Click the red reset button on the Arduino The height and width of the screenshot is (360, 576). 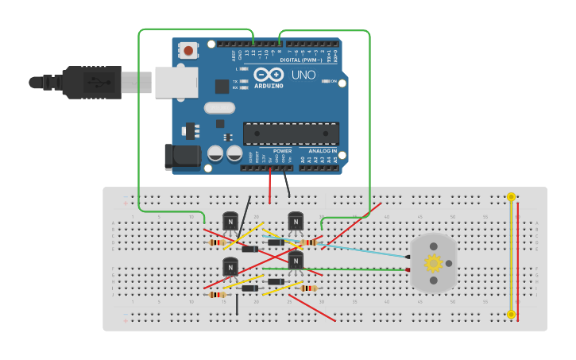point(188,51)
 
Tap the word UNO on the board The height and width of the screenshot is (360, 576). point(303,75)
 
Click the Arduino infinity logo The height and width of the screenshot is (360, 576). point(268,75)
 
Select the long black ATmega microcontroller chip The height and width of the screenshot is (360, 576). point(291,134)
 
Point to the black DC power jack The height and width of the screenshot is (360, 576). point(180,157)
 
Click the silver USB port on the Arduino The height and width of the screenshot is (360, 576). point(176,82)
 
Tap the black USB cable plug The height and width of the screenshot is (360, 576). point(91,82)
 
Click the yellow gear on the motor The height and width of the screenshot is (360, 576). point(433,263)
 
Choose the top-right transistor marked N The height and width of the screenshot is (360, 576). point(296,222)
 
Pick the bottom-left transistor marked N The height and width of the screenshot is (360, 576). point(230,268)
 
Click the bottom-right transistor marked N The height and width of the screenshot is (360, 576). point(296,261)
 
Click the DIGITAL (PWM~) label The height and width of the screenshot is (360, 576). point(301,60)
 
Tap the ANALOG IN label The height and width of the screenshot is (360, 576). point(323,150)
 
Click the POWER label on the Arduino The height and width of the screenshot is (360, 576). point(282,150)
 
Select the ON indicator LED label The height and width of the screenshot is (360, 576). point(334,81)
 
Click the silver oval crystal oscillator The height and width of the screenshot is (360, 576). point(220,108)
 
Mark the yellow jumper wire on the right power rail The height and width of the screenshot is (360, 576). point(511,254)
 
